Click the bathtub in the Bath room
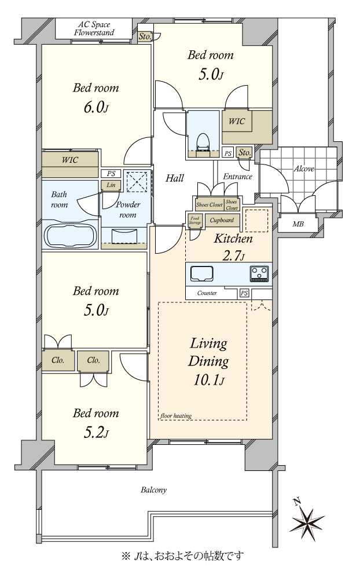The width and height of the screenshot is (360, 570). click(71, 235)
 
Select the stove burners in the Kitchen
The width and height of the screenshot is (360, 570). click(259, 273)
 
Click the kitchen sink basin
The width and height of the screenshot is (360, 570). click(201, 273)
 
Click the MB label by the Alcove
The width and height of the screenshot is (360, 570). click(298, 224)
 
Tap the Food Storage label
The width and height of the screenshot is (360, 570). click(194, 220)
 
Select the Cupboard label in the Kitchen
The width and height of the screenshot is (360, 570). click(222, 220)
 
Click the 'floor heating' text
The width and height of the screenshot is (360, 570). click(176, 415)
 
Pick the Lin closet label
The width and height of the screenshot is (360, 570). click(111, 185)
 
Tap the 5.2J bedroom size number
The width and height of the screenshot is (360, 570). click(96, 433)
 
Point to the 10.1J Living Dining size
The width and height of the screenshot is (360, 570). click(208, 381)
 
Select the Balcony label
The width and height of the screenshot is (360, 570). click(153, 490)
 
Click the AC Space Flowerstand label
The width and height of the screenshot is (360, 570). click(94, 29)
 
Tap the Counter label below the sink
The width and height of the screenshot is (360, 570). click(207, 293)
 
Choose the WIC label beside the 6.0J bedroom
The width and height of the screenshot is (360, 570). click(70, 159)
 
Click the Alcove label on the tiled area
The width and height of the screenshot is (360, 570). click(304, 169)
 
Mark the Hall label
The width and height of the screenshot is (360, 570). click(175, 178)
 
